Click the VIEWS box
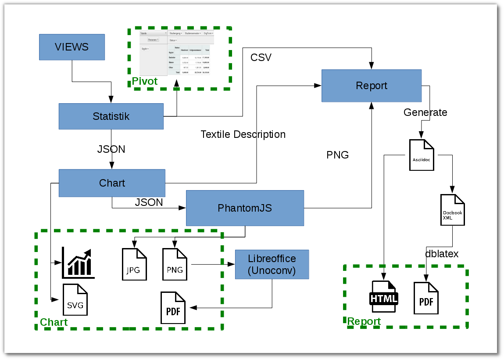tap(72, 47)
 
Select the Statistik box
tap(111, 116)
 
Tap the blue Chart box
tap(112, 183)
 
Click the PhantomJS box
tap(245, 208)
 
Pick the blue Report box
tap(372, 86)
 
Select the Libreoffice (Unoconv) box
tap(272, 264)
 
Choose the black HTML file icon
tap(384, 296)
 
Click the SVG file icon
tap(75, 299)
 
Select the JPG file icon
tap(133, 264)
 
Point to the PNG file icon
tap(175, 264)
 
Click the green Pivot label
tap(145, 81)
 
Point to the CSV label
tap(261, 58)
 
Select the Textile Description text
tap(243, 134)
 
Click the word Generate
tap(425, 112)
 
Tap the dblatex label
tap(442, 254)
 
